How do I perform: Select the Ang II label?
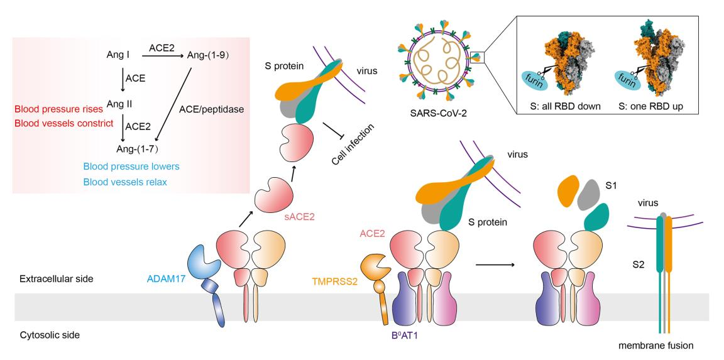(118, 103)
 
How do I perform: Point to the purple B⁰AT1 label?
(400, 335)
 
